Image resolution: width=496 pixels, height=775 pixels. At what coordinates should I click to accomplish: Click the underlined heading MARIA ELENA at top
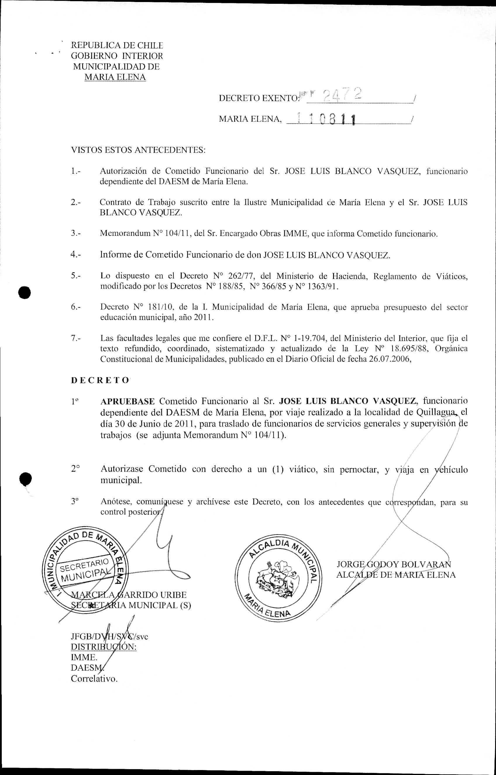point(115,77)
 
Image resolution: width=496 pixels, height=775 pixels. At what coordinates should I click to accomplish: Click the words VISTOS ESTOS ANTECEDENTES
point(138,150)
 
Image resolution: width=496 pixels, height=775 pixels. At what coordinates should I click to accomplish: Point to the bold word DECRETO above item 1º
point(100,380)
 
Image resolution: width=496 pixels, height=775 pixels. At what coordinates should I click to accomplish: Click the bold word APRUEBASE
point(127,401)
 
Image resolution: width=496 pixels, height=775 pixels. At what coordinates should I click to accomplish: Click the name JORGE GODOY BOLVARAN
point(393,564)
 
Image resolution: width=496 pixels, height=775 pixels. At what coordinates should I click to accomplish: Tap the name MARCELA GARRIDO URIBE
point(128,595)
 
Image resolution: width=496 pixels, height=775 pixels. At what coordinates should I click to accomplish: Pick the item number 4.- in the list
point(76,254)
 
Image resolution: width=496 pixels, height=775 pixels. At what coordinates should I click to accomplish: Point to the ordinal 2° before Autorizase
point(75,469)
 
